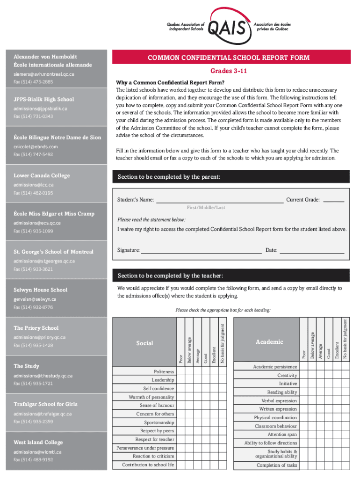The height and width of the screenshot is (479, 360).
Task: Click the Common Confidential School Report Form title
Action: coord(229,58)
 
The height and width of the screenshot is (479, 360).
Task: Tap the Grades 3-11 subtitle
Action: coord(229,71)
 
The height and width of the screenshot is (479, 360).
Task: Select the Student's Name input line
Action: coord(219,202)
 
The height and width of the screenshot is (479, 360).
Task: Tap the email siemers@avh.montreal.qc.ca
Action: coord(44,74)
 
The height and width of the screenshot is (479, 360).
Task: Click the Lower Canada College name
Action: coord(42,175)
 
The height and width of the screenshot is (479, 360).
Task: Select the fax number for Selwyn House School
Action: coord(33,307)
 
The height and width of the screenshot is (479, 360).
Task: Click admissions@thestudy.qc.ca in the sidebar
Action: coord(43,376)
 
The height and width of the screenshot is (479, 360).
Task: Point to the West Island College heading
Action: coord(38,442)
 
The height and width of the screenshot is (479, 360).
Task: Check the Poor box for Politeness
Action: coord(181,372)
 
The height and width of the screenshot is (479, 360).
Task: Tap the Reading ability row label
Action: coord(282,392)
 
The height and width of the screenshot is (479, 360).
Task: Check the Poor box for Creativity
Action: coord(303,376)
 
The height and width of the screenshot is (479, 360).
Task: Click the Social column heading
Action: coord(144,343)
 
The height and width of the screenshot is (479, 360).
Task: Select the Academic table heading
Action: coord(269,342)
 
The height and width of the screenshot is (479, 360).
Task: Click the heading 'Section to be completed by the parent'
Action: coord(169,177)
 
